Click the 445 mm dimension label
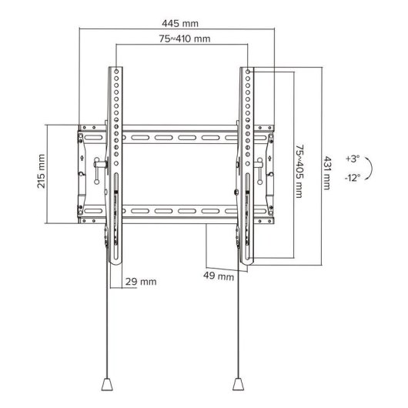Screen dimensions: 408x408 [x=176, y=22]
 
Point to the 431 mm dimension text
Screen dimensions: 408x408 [x=326, y=171]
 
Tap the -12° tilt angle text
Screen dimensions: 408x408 [x=353, y=176]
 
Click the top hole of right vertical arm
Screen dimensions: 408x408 [x=249, y=72]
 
